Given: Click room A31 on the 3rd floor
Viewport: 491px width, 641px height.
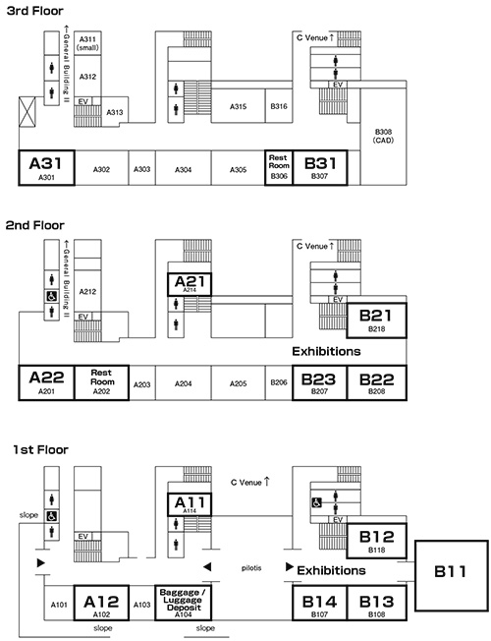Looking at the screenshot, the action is [x=46, y=167].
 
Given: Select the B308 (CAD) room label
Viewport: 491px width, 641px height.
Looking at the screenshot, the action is [x=383, y=136].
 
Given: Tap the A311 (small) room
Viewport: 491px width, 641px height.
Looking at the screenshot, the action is [x=87, y=43].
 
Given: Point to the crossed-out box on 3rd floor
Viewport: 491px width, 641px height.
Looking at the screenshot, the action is [x=27, y=112].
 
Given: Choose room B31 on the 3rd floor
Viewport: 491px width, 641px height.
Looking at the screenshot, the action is [x=320, y=167].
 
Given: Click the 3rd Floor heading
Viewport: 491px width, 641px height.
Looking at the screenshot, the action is [x=35, y=11].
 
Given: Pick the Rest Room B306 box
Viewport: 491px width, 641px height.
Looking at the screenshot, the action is [x=279, y=167].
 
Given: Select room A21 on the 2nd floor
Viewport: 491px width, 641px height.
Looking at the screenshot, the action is [x=190, y=284].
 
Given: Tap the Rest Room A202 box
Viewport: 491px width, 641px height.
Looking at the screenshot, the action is [x=102, y=382].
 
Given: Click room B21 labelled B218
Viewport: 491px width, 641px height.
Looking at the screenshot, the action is [x=377, y=320].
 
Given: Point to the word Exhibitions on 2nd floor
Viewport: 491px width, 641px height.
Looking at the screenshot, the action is [x=326, y=352].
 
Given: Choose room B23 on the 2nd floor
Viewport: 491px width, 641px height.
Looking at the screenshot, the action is [x=319, y=382].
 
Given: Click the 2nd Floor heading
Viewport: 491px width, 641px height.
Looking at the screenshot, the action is [x=35, y=225].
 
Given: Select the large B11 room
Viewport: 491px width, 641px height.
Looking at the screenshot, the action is [x=452, y=575].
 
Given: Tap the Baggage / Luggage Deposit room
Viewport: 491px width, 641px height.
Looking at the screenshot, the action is [x=183, y=603].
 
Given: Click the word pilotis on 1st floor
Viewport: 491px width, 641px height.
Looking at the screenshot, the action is [x=251, y=568].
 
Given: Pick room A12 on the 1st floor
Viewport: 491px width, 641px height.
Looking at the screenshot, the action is [x=101, y=603].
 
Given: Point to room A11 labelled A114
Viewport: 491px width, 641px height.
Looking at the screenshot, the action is [x=190, y=504].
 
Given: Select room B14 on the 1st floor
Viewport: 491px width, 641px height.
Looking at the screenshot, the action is [x=319, y=603].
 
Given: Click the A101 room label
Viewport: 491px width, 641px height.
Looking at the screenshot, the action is [x=59, y=605].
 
